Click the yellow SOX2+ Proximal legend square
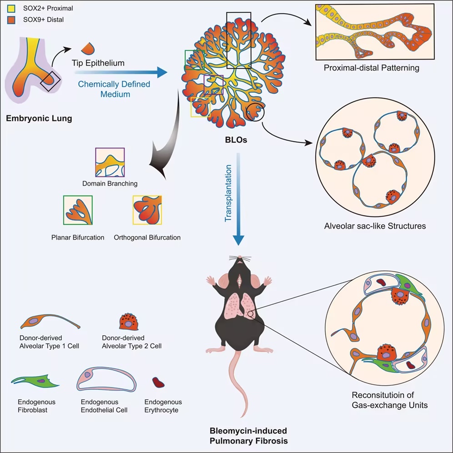coord(11,8)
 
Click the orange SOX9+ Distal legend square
coord(11,20)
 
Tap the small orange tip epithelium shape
coord(88,48)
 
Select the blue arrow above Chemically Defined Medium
coord(121,72)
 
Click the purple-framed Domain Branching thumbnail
coord(110,162)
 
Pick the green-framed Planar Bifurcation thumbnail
coord(78,210)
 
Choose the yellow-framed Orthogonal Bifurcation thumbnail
coord(147,210)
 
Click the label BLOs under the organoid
coord(236,140)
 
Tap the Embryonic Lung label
coord(39,118)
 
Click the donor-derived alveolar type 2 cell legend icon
coord(129,322)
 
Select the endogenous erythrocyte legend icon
coord(158,382)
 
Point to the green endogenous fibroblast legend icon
coord(35,382)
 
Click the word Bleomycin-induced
coord(248,431)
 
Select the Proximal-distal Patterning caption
coord(371,68)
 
